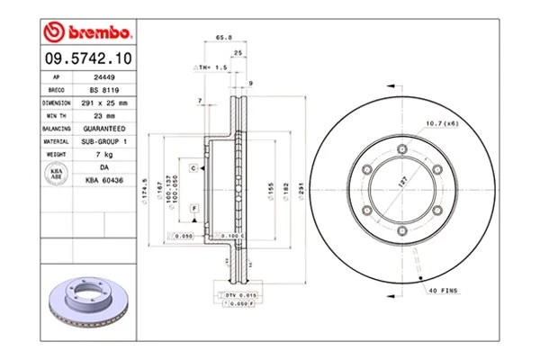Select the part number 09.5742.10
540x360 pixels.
click(88, 59)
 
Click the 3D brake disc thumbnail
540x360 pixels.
click(87, 306)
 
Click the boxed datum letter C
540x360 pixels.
click(193, 168)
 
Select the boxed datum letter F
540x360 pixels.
click(193, 209)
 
